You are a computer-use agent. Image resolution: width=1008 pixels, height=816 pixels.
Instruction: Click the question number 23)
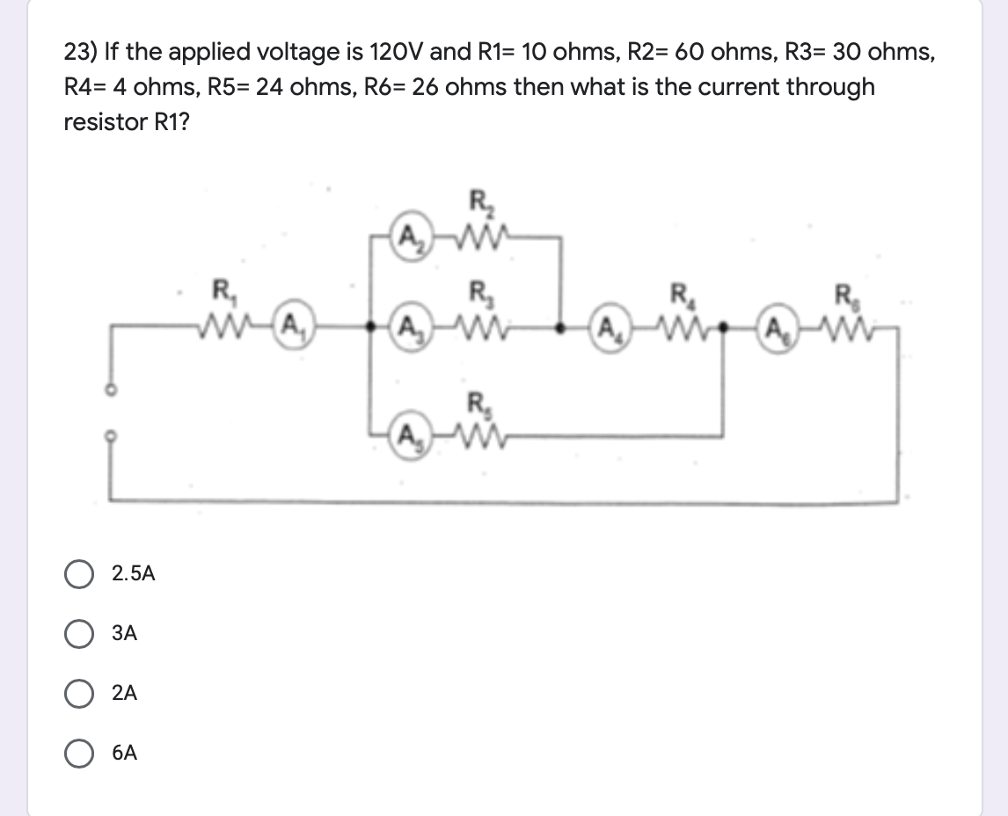tap(81, 53)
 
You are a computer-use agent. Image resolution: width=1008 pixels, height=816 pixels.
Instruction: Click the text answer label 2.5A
tap(134, 574)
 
